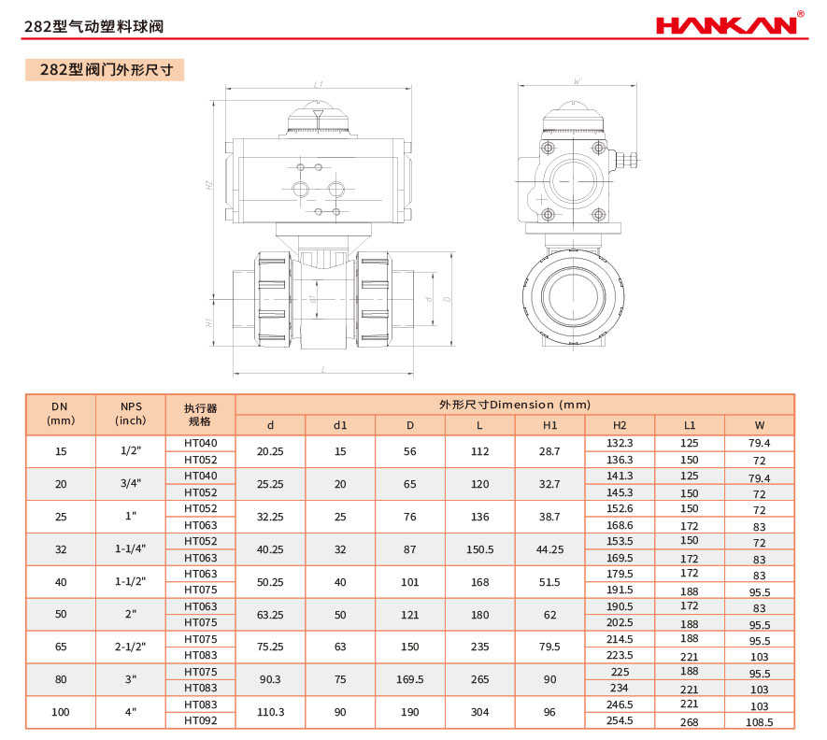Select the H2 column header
pyautogui.click(x=620, y=425)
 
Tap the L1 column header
pyautogui.click(x=690, y=425)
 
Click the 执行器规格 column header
pyautogui.click(x=200, y=415)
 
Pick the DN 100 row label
pyautogui.click(x=61, y=712)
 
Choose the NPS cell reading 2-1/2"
pyautogui.click(x=130, y=647)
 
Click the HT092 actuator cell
pyautogui.click(x=200, y=720)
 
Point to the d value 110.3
pyautogui.click(x=270, y=712)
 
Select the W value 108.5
pyautogui.click(x=759, y=722)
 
